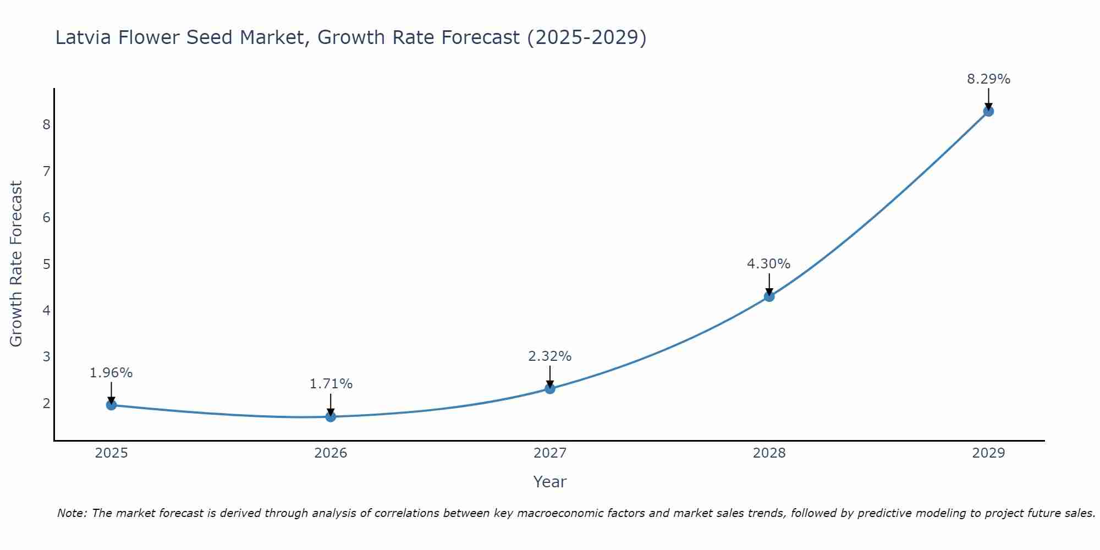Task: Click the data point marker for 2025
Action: coord(111,405)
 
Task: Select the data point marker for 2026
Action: coord(331,417)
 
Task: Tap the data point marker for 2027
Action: coord(550,389)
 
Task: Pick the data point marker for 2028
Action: coord(769,296)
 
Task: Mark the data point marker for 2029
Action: coord(988,111)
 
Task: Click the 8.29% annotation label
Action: coord(988,79)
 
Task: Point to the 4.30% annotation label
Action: coord(768,264)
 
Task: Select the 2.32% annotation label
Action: coord(549,356)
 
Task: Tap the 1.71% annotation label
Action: coord(331,384)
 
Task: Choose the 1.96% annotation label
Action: coord(111,373)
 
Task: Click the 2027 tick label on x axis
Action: coord(550,453)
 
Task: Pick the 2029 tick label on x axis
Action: coord(988,453)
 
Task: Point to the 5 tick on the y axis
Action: coord(46,264)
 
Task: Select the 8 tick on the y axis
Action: coord(46,125)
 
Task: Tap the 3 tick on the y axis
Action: coord(46,357)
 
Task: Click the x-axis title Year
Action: coord(549,482)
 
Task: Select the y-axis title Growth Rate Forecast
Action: coord(16,264)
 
